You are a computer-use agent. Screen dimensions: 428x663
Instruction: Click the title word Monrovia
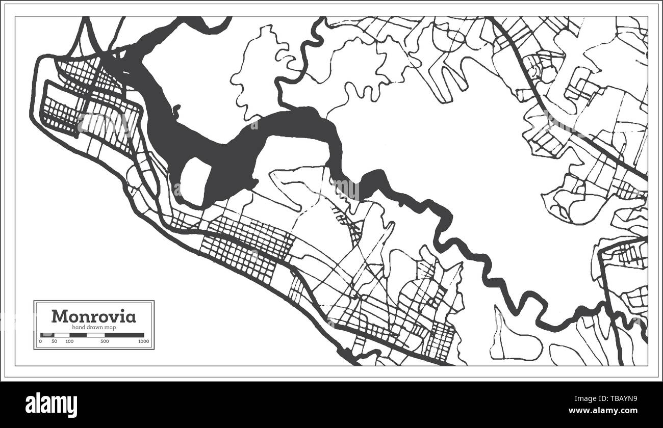pos(94,316)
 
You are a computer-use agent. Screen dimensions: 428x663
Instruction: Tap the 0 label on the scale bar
pos(41,341)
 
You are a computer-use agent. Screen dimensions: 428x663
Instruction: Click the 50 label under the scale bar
pos(55,341)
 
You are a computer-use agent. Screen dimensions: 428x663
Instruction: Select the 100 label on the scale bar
pos(69,341)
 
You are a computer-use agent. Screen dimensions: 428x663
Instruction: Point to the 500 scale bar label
pos(105,341)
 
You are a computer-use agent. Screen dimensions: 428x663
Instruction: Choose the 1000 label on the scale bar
pos(143,341)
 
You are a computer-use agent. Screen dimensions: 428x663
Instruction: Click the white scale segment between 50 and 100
pos(62,335)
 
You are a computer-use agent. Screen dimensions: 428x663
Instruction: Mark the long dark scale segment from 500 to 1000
pos(124,335)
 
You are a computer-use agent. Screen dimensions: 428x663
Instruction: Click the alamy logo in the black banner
pos(52,405)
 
